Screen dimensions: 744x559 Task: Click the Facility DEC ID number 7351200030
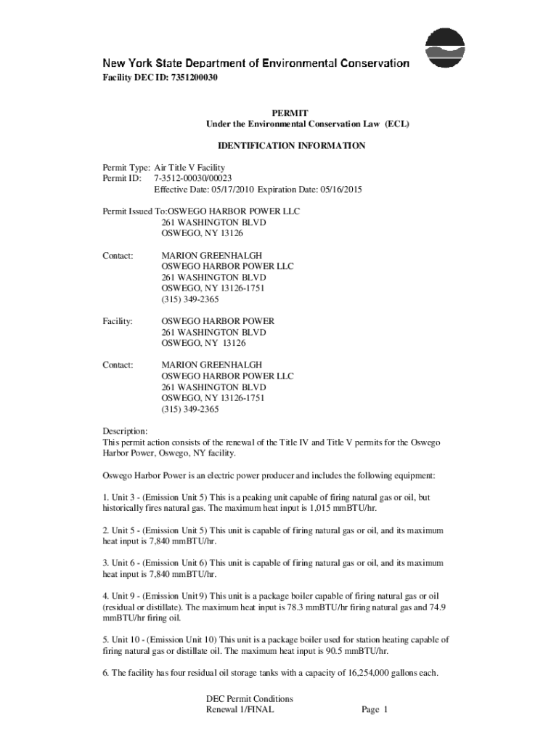(194, 77)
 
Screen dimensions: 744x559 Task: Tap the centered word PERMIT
(290, 113)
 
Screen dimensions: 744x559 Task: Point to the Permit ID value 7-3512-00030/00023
(193, 178)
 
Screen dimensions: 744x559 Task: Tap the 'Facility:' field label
(117, 320)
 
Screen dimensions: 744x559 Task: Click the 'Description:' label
(125, 431)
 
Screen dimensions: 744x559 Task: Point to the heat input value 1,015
(336, 509)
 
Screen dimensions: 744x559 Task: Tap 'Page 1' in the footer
(375, 710)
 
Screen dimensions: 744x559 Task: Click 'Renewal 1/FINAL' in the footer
(240, 710)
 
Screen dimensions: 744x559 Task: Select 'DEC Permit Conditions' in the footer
(250, 699)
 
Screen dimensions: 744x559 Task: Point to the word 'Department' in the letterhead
(213, 64)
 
